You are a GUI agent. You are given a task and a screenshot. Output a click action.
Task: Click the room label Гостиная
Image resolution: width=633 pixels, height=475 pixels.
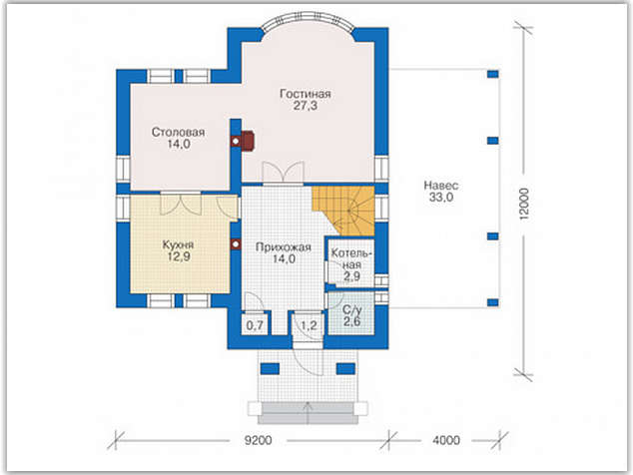click(306, 94)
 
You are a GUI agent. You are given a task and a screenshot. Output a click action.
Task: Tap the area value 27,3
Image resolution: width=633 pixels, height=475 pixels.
click(306, 106)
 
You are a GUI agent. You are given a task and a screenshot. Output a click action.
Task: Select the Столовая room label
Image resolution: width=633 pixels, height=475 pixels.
click(178, 132)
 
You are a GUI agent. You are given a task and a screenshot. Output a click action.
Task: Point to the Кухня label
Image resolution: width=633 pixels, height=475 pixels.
click(178, 244)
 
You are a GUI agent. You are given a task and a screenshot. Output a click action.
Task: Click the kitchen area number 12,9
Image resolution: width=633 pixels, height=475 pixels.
click(179, 256)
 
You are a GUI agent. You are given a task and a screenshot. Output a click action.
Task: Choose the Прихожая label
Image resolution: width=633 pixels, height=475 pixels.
click(284, 247)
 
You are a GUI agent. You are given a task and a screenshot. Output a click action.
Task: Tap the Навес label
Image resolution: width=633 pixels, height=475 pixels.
click(441, 186)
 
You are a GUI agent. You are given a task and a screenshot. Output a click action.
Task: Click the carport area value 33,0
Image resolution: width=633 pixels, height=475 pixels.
click(441, 198)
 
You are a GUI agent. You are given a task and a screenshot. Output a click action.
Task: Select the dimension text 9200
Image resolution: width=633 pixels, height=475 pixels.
click(258, 440)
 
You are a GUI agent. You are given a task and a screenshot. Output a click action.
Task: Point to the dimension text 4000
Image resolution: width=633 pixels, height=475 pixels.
click(446, 440)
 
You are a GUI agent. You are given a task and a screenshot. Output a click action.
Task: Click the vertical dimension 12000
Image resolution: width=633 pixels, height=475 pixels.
click(523, 204)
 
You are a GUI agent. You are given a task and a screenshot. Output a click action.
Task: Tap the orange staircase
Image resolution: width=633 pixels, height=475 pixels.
click(343, 211)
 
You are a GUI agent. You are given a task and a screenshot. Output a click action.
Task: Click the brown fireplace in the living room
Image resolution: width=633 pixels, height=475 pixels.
click(248, 141)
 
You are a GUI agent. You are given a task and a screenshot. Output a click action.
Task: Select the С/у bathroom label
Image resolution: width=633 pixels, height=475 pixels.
click(352, 310)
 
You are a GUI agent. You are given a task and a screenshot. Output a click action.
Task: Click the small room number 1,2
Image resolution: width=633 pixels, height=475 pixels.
click(309, 325)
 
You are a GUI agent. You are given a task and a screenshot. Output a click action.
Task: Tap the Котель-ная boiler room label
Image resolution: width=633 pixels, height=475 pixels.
click(351, 259)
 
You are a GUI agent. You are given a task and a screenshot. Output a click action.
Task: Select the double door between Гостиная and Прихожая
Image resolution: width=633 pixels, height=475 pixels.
click(283, 174)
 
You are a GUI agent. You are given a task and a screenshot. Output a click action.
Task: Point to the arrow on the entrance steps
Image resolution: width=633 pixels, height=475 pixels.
click(308, 412)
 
